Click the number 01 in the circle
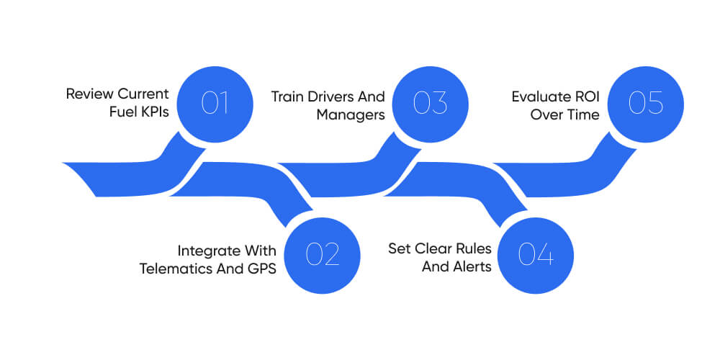215,103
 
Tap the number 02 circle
322,254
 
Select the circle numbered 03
431,103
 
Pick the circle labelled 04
536,254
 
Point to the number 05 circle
645,103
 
